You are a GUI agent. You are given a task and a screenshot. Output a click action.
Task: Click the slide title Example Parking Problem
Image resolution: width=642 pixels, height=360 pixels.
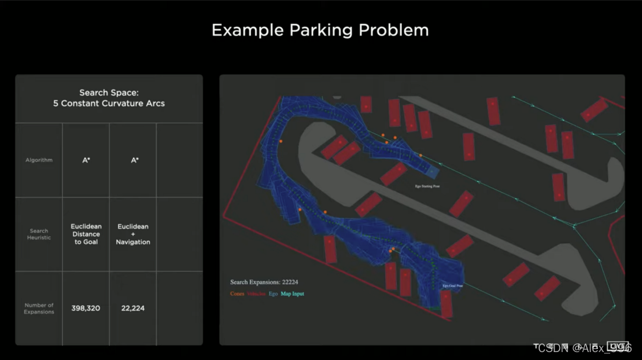pyautogui.click(x=320, y=30)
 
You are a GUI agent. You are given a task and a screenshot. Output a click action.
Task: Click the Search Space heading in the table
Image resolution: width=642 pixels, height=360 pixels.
pyautogui.click(x=109, y=93)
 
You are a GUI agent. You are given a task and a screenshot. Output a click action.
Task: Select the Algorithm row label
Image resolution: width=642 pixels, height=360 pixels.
pyautogui.click(x=39, y=160)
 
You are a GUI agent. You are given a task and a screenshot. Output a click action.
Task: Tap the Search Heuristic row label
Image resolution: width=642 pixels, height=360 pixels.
pyautogui.click(x=39, y=234)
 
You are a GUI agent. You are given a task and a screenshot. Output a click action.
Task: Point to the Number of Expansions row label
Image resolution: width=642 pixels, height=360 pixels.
pyautogui.click(x=39, y=309)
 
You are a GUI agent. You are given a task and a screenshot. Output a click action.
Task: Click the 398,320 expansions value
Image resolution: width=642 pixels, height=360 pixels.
pyautogui.click(x=86, y=309)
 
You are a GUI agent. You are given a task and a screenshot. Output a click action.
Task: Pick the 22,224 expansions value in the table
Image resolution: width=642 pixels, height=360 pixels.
pyautogui.click(x=133, y=309)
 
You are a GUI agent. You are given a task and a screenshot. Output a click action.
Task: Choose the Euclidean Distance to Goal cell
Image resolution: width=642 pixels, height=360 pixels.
pyautogui.click(x=86, y=234)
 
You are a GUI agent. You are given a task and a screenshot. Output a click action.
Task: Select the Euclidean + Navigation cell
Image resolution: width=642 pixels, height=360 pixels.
pyautogui.click(x=133, y=234)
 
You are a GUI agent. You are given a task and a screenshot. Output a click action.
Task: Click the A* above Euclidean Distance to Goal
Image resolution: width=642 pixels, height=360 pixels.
pyautogui.click(x=86, y=160)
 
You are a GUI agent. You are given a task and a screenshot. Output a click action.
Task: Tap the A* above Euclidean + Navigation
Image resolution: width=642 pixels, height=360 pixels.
pyautogui.click(x=134, y=160)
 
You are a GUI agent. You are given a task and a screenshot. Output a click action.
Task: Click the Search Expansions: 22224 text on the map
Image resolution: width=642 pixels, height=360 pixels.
pyautogui.click(x=264, y=282)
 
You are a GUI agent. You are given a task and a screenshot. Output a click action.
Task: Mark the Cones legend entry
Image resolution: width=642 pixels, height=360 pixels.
pyautogui.click(x=237, y=294)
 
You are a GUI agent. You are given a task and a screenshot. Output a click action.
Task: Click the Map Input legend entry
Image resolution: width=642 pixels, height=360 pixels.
pyautogui.click(x=292, y=294)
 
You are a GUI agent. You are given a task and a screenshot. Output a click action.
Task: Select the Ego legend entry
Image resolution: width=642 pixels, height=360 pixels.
pyautogui.click(x=273, y=294)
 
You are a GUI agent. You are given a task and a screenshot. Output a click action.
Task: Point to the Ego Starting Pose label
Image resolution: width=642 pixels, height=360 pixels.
pyautogui.click(x=427, y=186)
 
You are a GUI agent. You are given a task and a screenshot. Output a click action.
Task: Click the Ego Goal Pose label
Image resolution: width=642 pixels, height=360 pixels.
pyautogui.click(x=452, y=285)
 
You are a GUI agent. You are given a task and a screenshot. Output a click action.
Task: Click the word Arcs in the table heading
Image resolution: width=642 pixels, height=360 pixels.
pyautogui.click(x=153, y=103)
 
